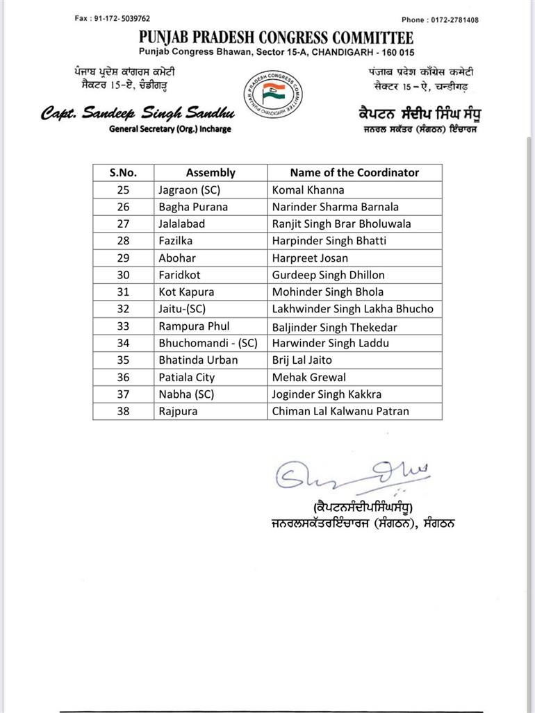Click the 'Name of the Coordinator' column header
354,173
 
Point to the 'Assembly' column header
211,173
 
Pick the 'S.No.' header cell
123,173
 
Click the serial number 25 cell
123,190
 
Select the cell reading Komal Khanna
308,190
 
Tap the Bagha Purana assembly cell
193,207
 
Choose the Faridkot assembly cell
178,275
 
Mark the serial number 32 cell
123,309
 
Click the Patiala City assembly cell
187,378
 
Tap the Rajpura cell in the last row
178,411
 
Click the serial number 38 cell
123,411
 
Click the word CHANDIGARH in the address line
344,52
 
